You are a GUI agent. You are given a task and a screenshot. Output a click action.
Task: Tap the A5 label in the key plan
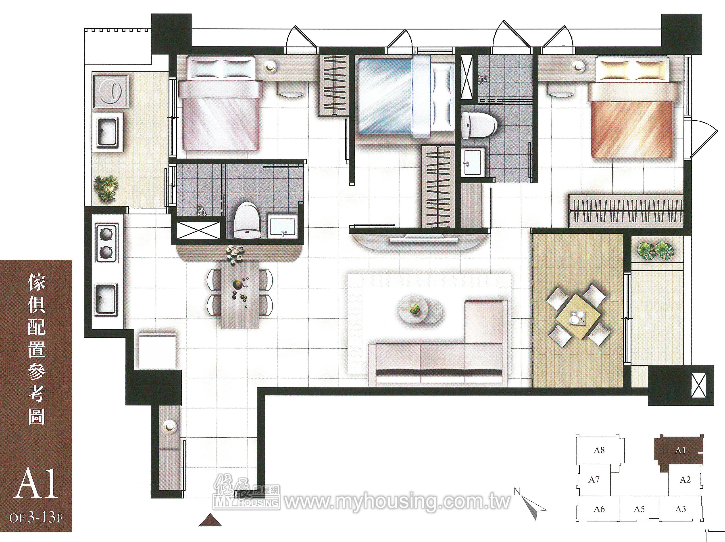pos(639,509)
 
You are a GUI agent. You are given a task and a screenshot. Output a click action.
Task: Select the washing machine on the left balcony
pos(111,91)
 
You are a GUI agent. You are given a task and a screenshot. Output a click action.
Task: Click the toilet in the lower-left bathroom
pos(246,220)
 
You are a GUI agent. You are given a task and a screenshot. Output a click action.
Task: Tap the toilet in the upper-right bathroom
pos(479,125)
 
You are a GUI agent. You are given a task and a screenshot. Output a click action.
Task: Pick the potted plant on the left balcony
pos(106,188)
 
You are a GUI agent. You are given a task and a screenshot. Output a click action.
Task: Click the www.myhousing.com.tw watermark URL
pos(397,502)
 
